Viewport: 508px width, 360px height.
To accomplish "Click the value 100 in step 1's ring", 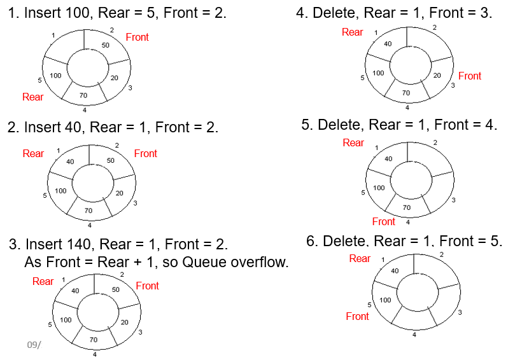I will click(x=55, y=76).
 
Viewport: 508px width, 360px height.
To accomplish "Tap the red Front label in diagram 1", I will click(x=137, y=37).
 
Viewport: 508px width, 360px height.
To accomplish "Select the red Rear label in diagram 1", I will click(x=32, y=97).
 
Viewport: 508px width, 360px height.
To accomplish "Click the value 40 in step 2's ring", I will click(x=70, y=162).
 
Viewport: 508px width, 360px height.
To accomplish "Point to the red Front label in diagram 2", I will click(x=145, y=153).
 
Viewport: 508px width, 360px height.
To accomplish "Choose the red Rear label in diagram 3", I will click(x=43, y=281).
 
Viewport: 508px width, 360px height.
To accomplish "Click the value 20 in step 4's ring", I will click(x=437, y=75).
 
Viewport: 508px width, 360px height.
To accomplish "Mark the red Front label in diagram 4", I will click(x=470, y=76).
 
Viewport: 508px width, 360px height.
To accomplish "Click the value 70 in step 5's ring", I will click(x=407, y=207).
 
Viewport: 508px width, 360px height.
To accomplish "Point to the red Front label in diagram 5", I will click(x=383, y=221).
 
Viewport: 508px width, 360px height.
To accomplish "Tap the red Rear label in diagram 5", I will click(x=353, y=142).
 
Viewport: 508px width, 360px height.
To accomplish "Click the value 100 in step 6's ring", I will click(x=385, y=300).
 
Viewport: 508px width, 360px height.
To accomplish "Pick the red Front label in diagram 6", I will click(x=357, y=316).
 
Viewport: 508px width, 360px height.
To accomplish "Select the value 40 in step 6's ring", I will click(x=395, y=270).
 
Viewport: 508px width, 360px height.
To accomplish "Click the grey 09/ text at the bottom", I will click(x=33, y=344).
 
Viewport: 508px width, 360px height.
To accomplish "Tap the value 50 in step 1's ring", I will click(x=106, y=45).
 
